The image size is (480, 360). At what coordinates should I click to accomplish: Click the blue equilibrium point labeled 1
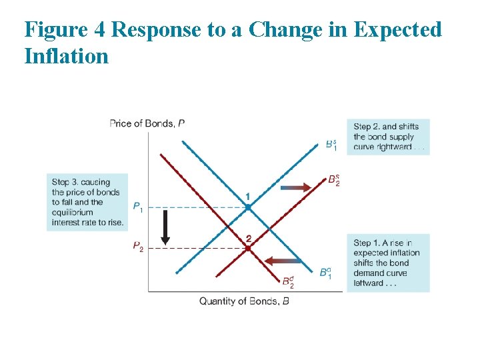[x=248, y=207]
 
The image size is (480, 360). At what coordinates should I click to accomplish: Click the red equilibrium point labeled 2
[x=248, y=248]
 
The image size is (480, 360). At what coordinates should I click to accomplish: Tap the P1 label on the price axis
[x=137, y=207]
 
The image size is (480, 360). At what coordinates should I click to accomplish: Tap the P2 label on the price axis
[x=137, y=247]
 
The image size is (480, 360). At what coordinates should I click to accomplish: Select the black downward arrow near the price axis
[x=165, y=226]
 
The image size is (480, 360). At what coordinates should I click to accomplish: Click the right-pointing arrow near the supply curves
[x=296, y=188]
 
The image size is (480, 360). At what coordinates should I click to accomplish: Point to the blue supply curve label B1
[x=331, y=144]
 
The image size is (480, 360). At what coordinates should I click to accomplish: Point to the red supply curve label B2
[x=334, y=180]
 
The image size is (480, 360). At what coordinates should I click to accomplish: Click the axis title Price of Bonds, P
[x=147, y=123]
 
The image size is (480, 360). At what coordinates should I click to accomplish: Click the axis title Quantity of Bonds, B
[x=244, y=301]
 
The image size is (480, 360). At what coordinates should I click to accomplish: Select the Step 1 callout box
[x=387, y=263]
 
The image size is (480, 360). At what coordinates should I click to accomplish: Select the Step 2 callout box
[x=387, y=137]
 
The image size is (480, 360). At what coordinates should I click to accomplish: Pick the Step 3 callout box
[x=87, y=203]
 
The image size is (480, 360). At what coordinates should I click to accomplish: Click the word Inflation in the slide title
[x=66, y=56]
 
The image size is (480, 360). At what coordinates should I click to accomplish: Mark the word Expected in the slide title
[x=397, y=30]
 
